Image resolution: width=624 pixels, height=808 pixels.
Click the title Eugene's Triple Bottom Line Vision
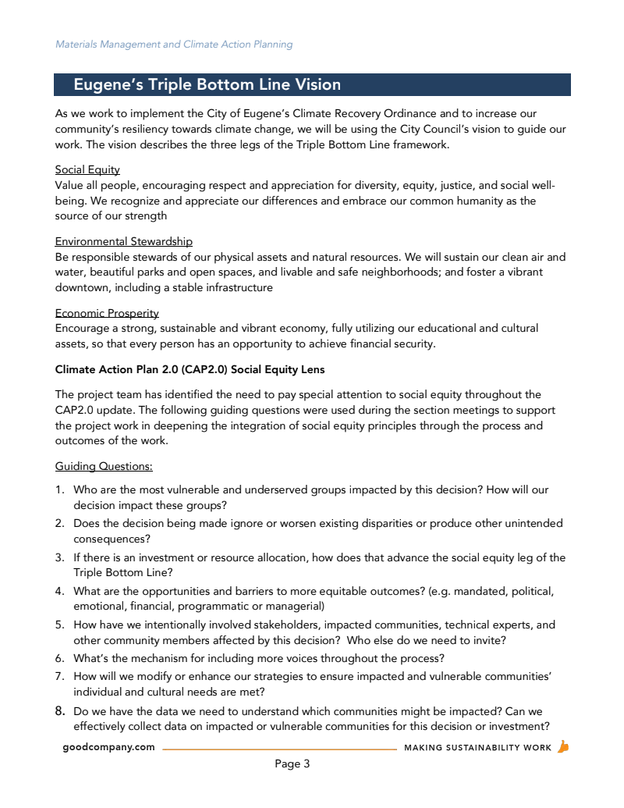tap(207, 84)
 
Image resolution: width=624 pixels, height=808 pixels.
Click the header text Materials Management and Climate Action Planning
tap(174, 44)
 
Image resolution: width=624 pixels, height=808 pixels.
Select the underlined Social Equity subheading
tap(87, 169)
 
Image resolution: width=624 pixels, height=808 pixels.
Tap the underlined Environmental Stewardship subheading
tap(123, 241)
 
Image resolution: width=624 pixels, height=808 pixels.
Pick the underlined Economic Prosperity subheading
tap(107, 313)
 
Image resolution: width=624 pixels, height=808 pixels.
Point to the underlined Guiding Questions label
tap(104, 466)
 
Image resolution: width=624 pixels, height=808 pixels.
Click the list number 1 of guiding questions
tap(59, 490)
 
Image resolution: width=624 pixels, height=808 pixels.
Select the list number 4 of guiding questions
tap(59, 591)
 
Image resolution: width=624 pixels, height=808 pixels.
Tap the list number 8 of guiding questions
tap(59, 711)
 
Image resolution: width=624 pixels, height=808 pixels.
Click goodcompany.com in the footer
tap(109, 747)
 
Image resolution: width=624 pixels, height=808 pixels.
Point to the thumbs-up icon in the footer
tap(563, 746)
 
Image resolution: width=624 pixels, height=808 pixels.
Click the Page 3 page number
tap(292, 764)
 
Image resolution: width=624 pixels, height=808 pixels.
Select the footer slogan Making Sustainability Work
tap(477, 748)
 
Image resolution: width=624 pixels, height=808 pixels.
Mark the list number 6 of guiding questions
tap(59, 658)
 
